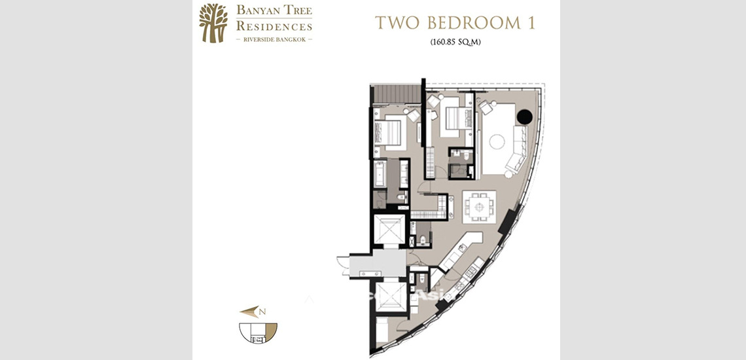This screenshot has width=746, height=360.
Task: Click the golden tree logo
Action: (x=213, y=23)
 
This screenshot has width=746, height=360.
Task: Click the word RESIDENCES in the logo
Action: (x=274, y=27)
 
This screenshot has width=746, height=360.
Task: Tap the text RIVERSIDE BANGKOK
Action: (x=274, y=40)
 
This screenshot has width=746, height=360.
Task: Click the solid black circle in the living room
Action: (x=524, y=118)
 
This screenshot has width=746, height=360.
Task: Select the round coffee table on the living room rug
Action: (x=497, y=141)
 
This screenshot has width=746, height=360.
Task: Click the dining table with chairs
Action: (x=480, y=207)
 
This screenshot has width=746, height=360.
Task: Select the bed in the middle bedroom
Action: (x=451, y=117)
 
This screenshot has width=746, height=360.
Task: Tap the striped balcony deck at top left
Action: (x=395, y=95)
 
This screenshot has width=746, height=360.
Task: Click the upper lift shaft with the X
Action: (x=390, y=230)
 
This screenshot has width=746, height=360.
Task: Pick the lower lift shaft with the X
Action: (x=391, y=297)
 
